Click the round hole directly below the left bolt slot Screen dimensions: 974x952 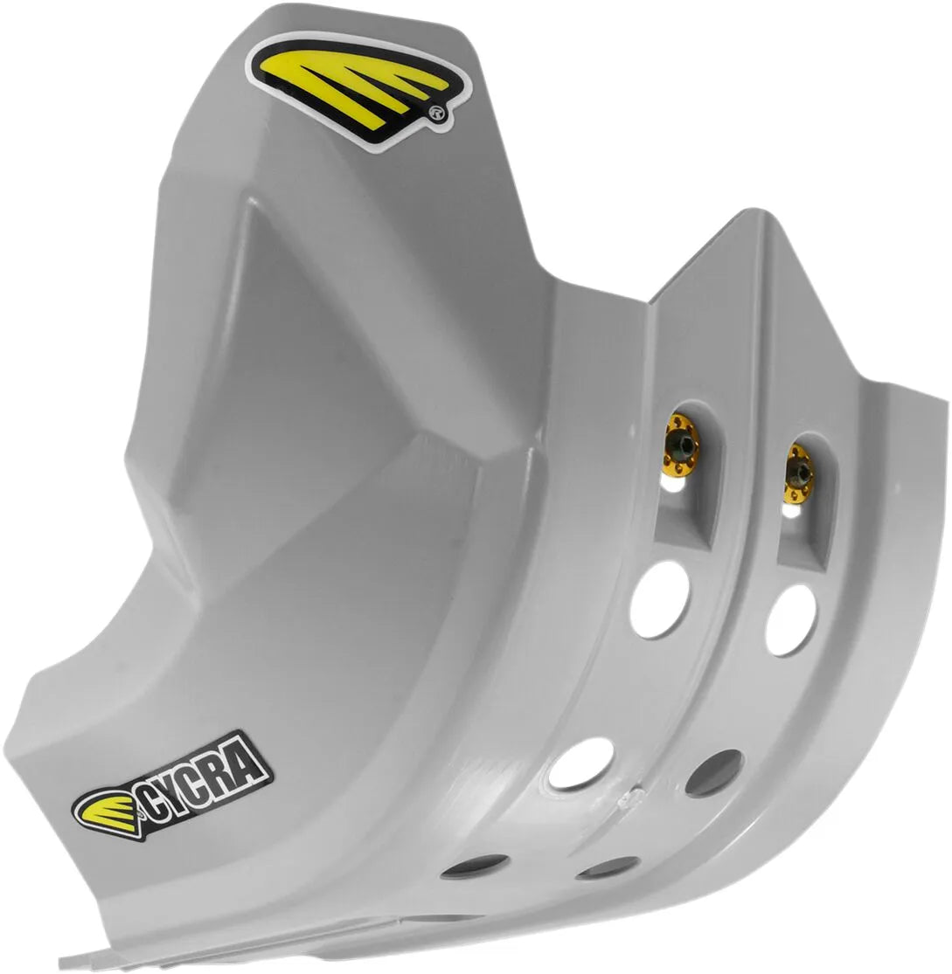tap(659, 598)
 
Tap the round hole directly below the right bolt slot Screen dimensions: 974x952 tap(791, 619)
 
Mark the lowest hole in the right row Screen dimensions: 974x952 tap(608, 868)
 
